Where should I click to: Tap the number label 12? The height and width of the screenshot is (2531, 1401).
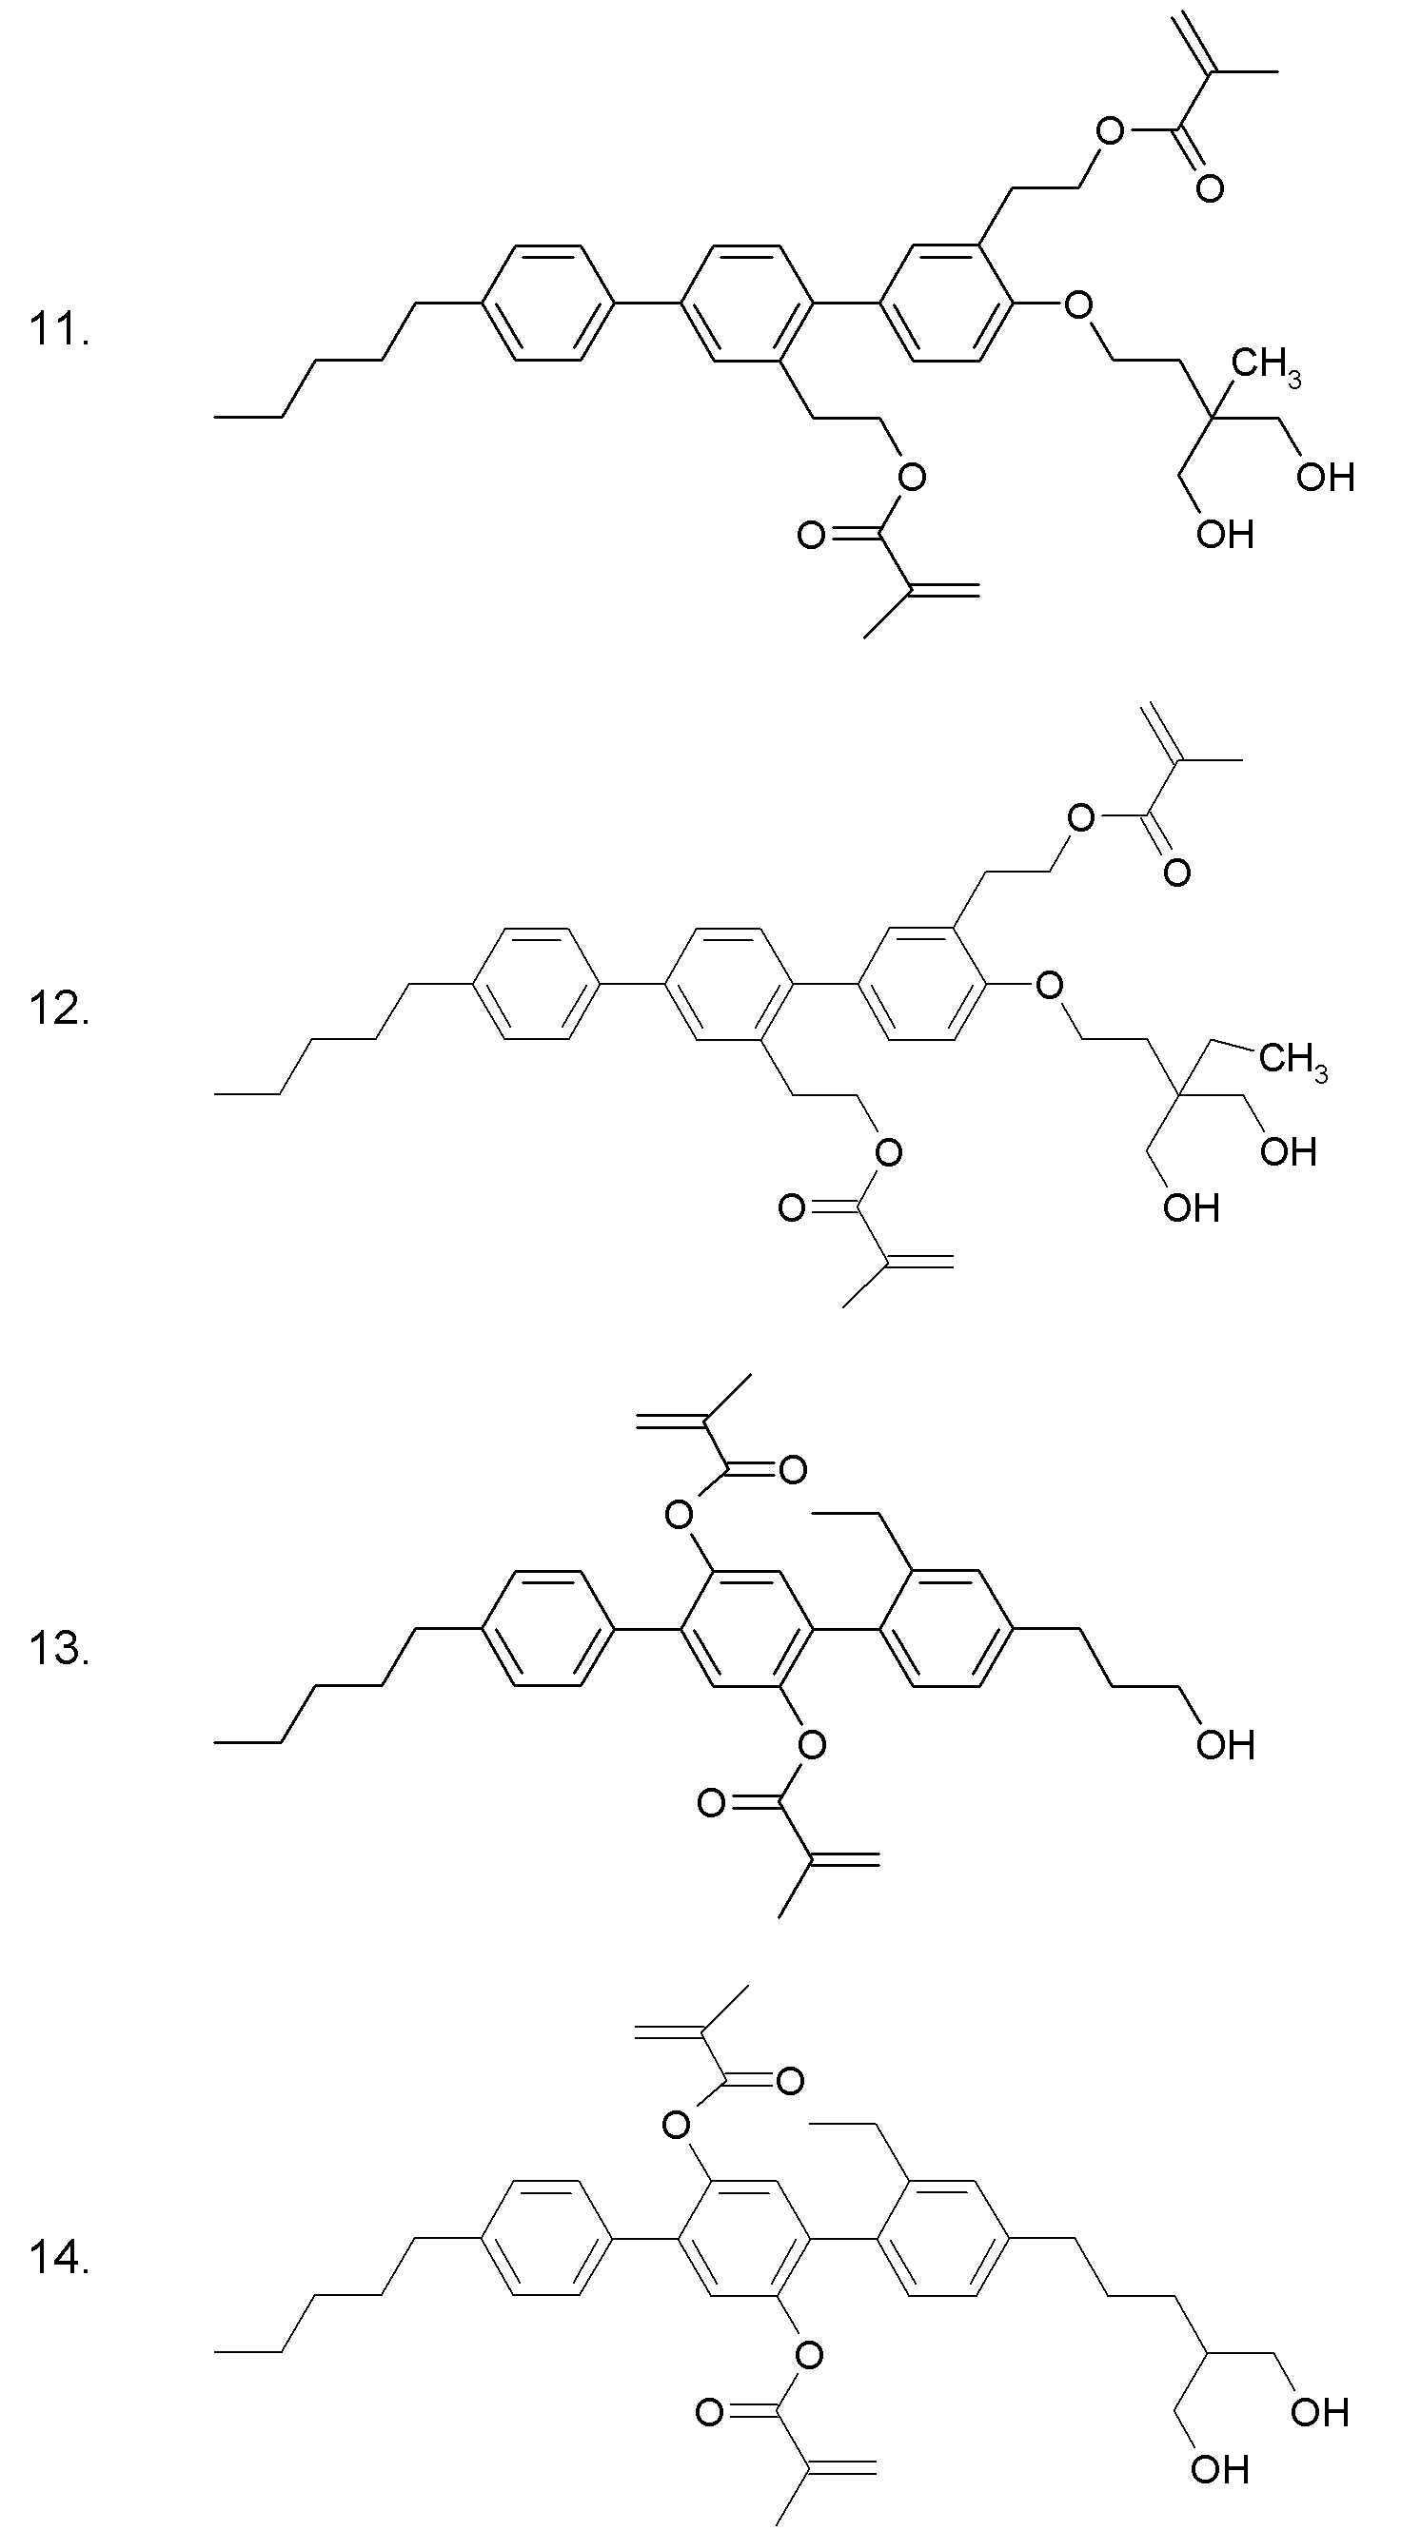coord(60,1007)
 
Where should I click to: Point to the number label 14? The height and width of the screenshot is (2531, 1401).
coord(60,2259)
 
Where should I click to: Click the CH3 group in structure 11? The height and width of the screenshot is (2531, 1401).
coord(1268,366)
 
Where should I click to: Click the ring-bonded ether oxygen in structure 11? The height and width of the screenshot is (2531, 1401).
coord(1077,304)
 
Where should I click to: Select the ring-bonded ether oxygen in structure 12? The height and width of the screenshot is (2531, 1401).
coord(1049,984)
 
